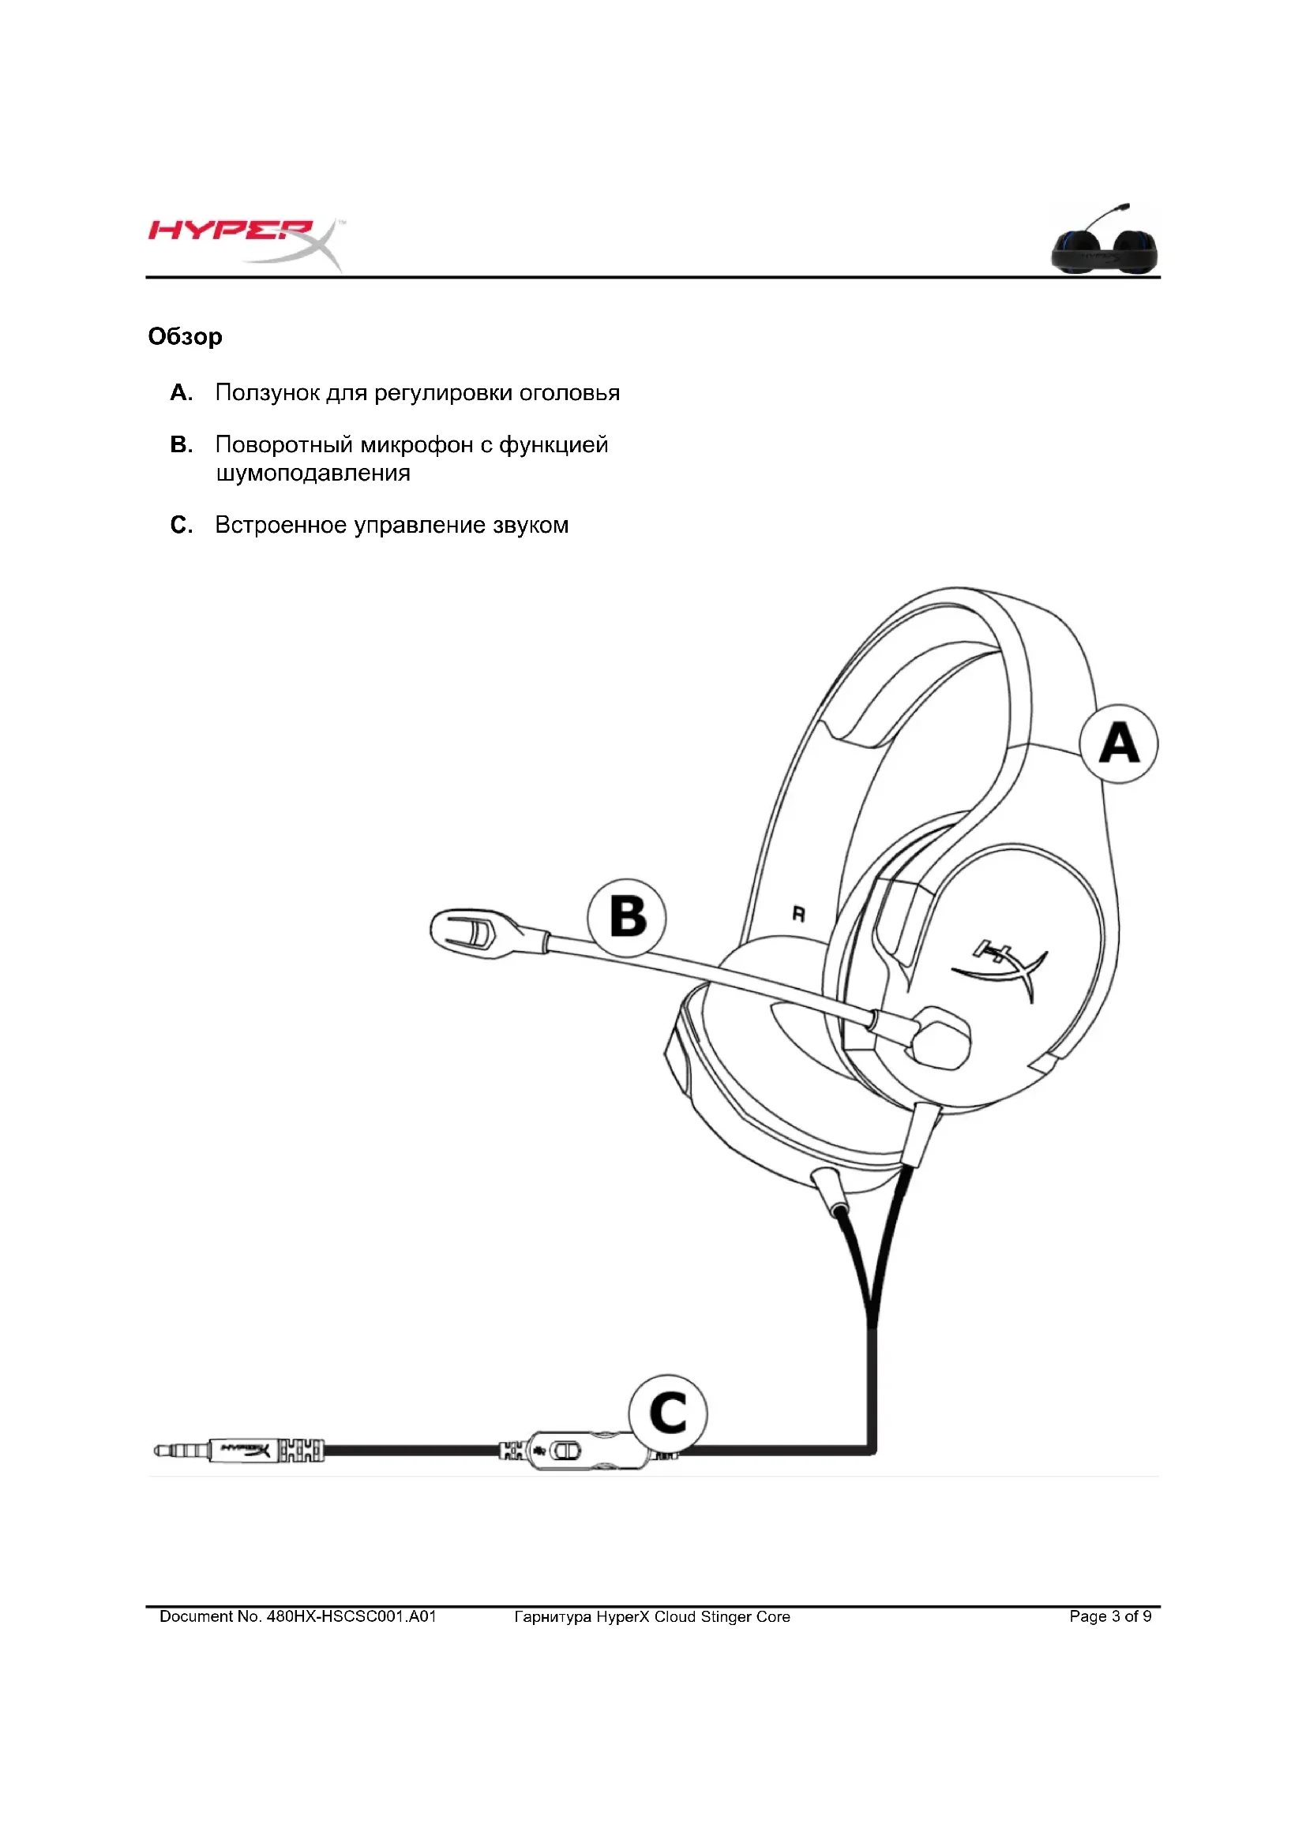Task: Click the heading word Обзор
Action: [x=185, y=336]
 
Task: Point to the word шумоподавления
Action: [x=313, y=473]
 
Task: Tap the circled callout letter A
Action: [x=1118, y=743]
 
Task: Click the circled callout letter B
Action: [x=626, y=916]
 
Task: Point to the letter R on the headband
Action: [x=798, y=914]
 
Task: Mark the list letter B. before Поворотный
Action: [x=181, y=444]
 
